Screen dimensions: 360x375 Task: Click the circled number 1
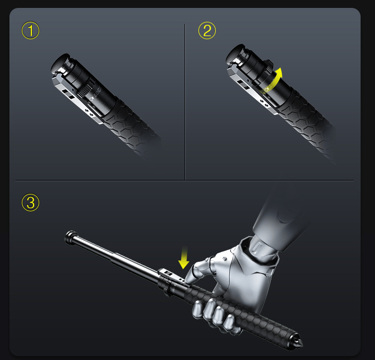pos(30,31)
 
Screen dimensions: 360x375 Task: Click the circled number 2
pos(207,31)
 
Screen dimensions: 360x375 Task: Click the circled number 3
pos(30,202)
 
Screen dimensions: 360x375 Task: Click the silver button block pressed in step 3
pos(172,276)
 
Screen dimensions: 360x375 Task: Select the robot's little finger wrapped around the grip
pos(229,323)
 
